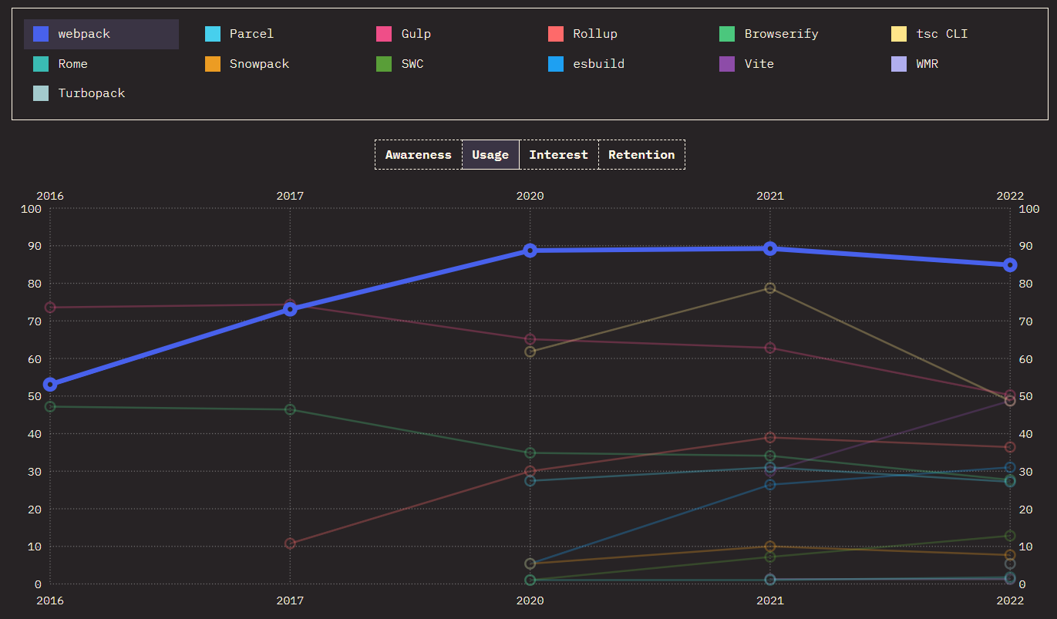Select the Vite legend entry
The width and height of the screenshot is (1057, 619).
pyautogui.click(x=759, y=64)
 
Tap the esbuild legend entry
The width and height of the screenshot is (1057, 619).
pyautogui.click(x=598, y=64)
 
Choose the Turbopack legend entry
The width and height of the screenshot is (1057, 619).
pyautogui.click(x=91, y=93)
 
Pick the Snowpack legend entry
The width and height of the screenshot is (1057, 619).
pyautogui.click(x=259, y=64)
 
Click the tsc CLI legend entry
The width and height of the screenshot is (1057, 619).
pyautogui.click(x=941, y=34)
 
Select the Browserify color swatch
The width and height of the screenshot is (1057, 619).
pyautogui.click(x=727, y=34)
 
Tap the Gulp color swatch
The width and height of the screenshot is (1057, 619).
pyautogui.click(x=384, y=34)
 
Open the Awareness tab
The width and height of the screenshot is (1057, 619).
pyautogui.click(x=419, y=155)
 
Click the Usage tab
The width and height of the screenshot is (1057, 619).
pyautogui.click(x=490, y=155)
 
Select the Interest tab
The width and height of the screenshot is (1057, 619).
pyautogui.click(x=558, y=155)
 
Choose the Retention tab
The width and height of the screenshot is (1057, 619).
pyautogui.click(x=641, y=155)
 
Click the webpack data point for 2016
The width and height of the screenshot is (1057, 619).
pyautogui.click(x=50, y=385)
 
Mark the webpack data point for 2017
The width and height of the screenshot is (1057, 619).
pyautogui.click(x=290, y=309)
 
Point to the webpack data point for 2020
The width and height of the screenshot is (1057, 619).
pyautogui.click(x=530, y=251)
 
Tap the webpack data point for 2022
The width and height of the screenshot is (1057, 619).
pyautogui.click(x=1010, y=265)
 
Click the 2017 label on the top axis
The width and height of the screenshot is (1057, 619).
pyautogui.click(x=290, y=196)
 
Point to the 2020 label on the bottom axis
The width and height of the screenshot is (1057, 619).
pyautogui.click(x=530, y=600)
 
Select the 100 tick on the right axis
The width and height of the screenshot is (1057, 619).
pyautogui.click(x=1029, y=208)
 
